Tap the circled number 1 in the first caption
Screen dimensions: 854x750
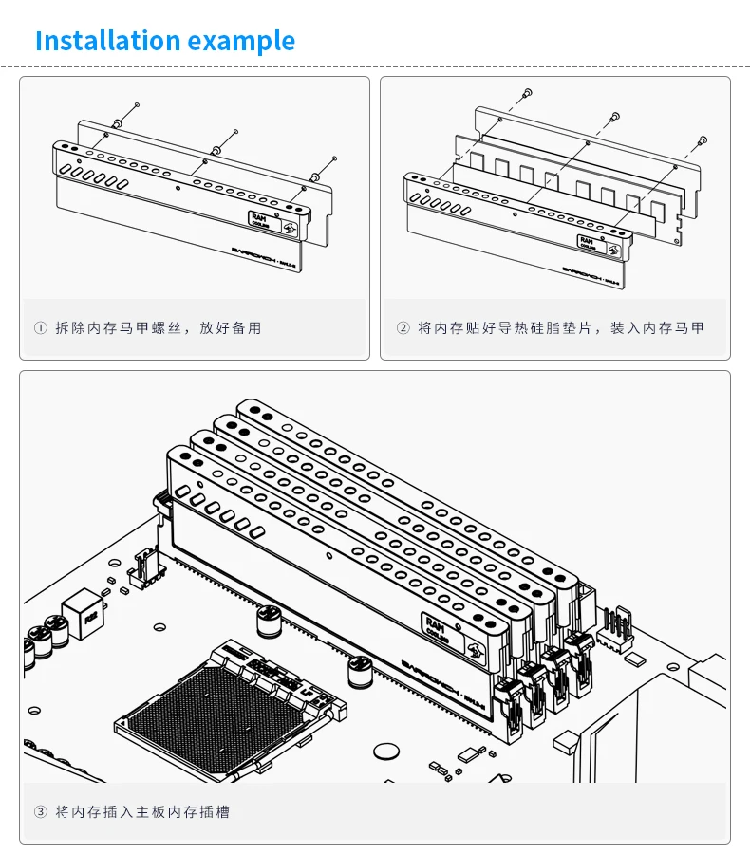pyautogui.click(x=40, y=328)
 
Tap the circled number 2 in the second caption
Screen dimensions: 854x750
pyautogui.click(x=403, y=328)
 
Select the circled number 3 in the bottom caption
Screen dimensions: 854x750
pyautogui.click(x=40, y=812)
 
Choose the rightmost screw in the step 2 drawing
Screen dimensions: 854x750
pyautogui.click(x=703, y=139)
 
